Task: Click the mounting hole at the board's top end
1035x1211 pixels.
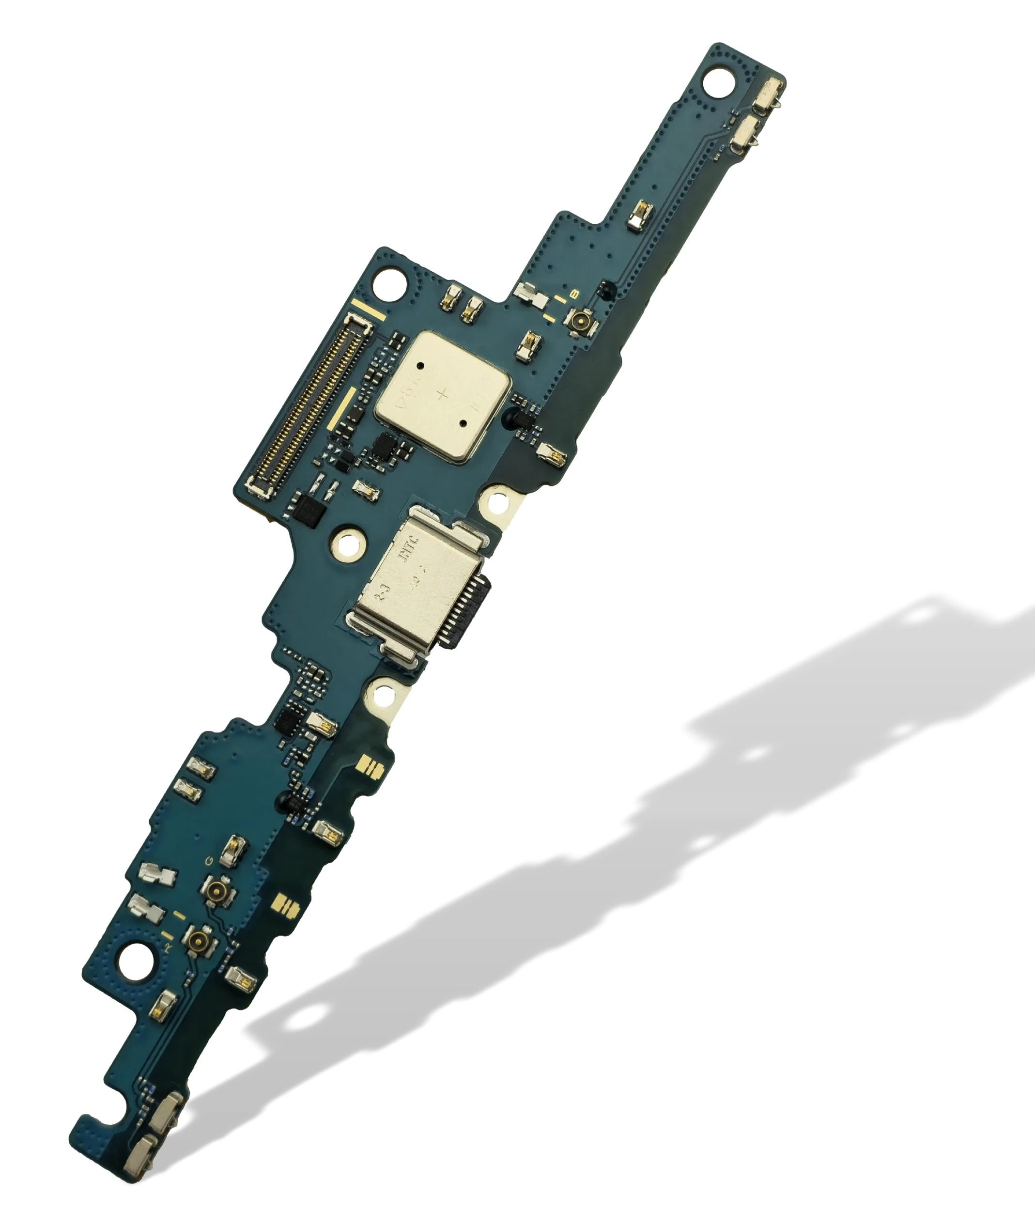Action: (718, 82)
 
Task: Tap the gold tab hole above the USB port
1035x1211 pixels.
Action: (497, 503)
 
